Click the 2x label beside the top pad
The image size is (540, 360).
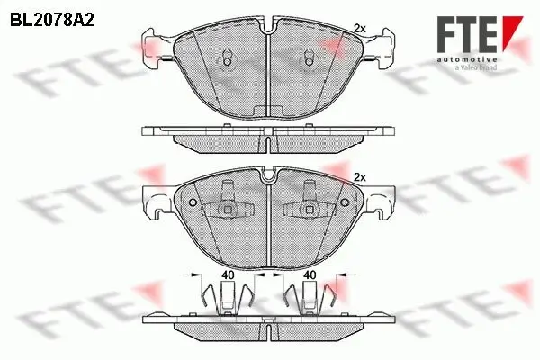point(361,27)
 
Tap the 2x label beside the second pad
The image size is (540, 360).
point(361,176)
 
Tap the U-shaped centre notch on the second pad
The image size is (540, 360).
point(269,178)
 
